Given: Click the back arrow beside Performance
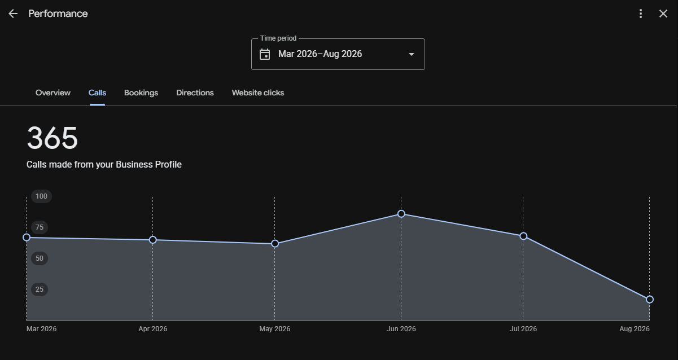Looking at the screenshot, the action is tap(13, 14).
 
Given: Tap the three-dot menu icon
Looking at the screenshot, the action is tap(641, 14).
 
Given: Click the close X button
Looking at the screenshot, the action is tap(663, 14).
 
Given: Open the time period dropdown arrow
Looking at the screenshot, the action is tap(412, 55).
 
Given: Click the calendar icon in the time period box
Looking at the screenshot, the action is tap(265, 55).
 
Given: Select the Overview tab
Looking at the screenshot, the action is tap(53, 93).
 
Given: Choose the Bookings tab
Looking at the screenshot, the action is tap(141, 93).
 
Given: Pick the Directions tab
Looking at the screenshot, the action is tap(195, 93).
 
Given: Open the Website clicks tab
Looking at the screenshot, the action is tap(258, 93).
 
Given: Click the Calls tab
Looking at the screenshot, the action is tap(97, 93).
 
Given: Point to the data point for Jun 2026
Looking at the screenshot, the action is tap(401, 214).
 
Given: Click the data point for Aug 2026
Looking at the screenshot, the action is tap(650, 300).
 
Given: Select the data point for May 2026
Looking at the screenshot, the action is tap(275, 244).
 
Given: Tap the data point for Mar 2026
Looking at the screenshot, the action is tap(27, 238).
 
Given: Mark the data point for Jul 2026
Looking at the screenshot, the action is tap(523, 236).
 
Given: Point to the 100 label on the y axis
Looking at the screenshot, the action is tap(41, 196).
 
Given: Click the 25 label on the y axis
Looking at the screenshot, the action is tap(40, 289).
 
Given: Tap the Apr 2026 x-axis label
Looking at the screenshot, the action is tap(153, 329).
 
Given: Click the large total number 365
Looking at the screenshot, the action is tap(53, 138).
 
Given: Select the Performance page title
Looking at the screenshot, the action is tap(58, 14).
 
